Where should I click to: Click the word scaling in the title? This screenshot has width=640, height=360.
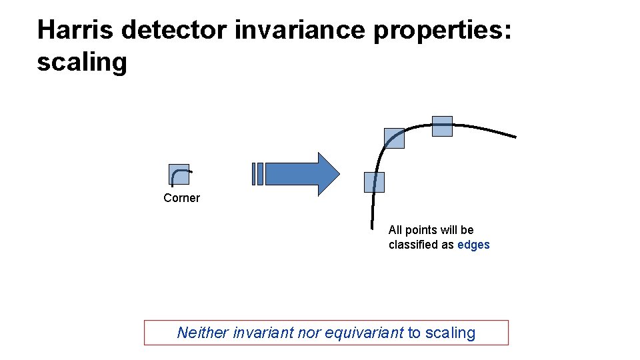81,62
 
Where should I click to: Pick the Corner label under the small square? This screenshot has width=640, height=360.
181,198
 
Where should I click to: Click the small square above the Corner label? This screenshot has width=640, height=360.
179,174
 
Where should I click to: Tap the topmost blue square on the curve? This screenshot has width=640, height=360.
442,126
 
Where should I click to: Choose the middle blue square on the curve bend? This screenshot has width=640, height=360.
394,138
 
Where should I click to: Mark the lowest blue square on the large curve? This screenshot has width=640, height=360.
374,182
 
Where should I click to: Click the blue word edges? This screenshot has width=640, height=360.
473,245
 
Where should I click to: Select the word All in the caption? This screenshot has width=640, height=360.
396,230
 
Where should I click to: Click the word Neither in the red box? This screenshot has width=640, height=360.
203,333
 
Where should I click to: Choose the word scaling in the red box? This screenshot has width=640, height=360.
450,333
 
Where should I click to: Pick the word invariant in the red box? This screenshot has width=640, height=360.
262,333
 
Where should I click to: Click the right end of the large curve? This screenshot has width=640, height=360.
515,137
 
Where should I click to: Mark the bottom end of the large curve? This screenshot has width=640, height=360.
372,227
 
